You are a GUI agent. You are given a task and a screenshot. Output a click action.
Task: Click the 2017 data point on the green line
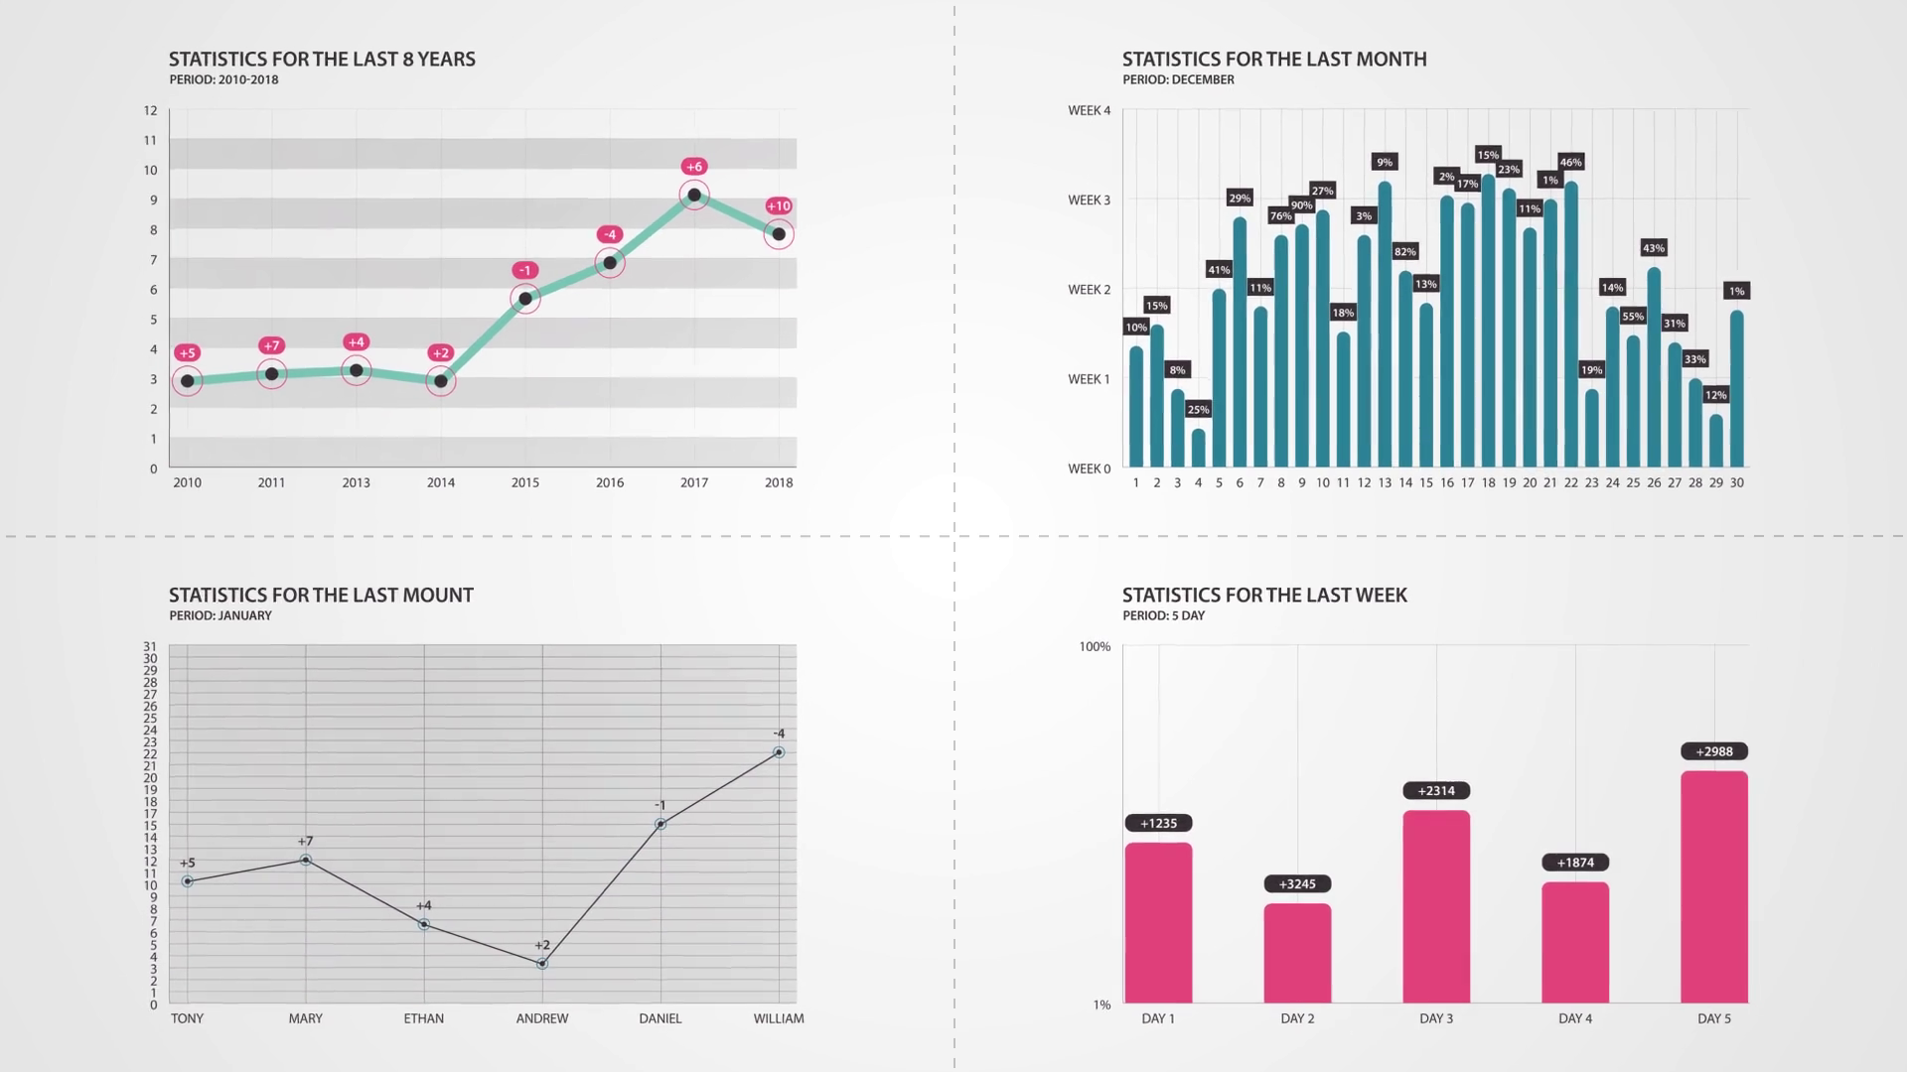point(694,195)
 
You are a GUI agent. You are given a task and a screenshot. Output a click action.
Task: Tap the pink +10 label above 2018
point(779,206)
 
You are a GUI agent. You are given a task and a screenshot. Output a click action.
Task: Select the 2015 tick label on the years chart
point(525,482)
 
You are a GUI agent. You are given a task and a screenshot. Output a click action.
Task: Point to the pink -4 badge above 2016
point(610,235)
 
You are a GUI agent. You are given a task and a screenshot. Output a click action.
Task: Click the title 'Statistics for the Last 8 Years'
point(322,60)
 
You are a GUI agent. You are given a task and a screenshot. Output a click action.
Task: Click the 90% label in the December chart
point(1301,205)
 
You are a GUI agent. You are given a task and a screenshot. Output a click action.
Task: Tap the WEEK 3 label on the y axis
point(1089,201)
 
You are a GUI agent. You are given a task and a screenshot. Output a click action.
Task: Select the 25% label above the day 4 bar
point(1198,410)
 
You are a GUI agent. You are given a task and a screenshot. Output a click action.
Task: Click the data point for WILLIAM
point(779,752)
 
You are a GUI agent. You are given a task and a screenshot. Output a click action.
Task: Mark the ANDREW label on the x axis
point(542,1018)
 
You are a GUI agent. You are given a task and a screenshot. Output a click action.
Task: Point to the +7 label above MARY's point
point(305,842)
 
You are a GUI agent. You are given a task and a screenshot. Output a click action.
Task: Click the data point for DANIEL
point(660,824)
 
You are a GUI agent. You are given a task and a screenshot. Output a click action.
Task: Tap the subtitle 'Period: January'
point(220,615)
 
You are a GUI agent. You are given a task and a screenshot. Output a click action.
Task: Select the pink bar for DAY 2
point(1297,953)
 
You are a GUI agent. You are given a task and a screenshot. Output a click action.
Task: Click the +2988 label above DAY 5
point(1714,751)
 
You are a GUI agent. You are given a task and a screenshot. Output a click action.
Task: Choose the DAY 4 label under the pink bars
point(1575,1018)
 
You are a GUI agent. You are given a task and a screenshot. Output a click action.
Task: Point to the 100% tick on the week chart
point(1095,647)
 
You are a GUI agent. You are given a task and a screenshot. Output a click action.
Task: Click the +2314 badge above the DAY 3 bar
point(1436,791)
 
